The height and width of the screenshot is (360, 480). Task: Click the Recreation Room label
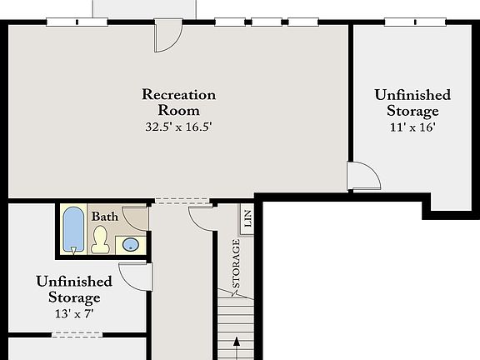(178, 102)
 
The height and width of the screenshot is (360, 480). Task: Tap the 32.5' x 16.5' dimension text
(178, 127)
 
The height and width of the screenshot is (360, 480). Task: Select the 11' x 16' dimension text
(412, 127)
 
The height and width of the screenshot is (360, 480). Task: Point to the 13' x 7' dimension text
(68, 313)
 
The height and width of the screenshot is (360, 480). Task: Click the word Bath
(105, 217)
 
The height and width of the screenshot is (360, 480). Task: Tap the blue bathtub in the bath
(73, 229)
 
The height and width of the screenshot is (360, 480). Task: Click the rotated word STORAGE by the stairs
(237, 264)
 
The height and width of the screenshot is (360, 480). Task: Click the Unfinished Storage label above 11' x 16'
(412, 103)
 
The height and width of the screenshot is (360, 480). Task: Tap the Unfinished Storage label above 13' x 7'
(68, 289)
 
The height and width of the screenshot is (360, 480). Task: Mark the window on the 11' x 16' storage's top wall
(407, 22)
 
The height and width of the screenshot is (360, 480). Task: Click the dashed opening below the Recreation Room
(182, 201)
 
